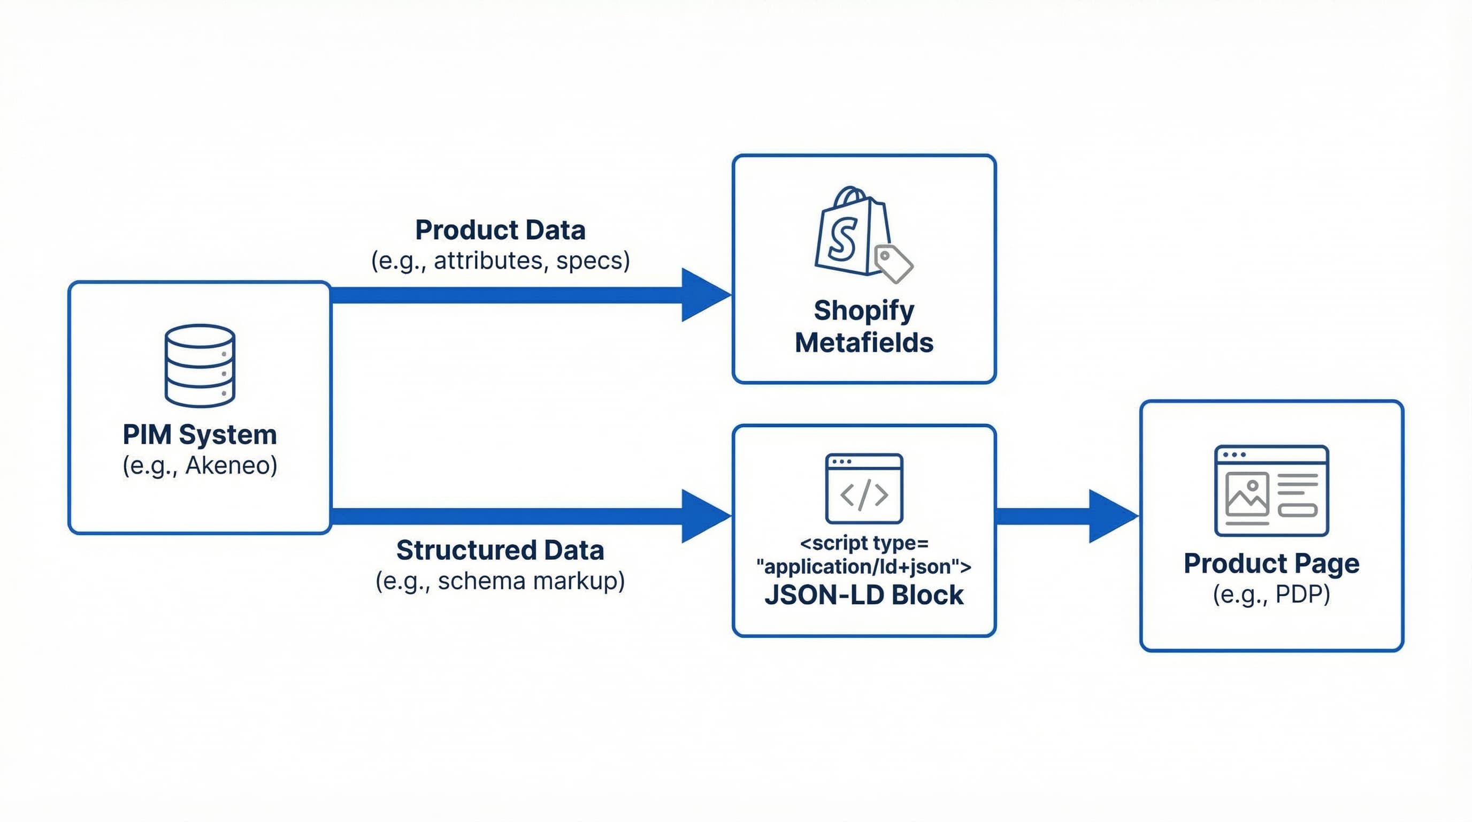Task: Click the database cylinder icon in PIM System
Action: coord(200,366)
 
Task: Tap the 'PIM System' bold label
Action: coord(200,435)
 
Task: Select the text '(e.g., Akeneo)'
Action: coord(200,465)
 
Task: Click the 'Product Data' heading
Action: coord(500,230)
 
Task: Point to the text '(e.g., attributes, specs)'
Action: coord(500,261)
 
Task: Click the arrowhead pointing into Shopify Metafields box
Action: coord(704,295)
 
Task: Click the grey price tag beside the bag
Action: coord(893,263)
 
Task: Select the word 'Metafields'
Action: coord(863,343)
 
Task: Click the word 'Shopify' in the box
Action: coord(863,310)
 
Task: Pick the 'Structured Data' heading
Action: coord(500,550)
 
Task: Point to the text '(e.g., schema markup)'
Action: coord(500,581)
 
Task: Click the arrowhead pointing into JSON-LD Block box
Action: coord(704,516)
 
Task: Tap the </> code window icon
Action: coord(863,489)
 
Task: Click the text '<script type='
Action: coord(863,543)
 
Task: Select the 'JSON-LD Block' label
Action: coord(863,595)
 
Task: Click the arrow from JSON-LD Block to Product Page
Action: coord(1063,516)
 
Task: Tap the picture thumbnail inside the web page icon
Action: coord(1247,495)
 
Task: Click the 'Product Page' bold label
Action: coord(1271,564)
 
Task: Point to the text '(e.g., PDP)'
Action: coord(1271,595)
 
